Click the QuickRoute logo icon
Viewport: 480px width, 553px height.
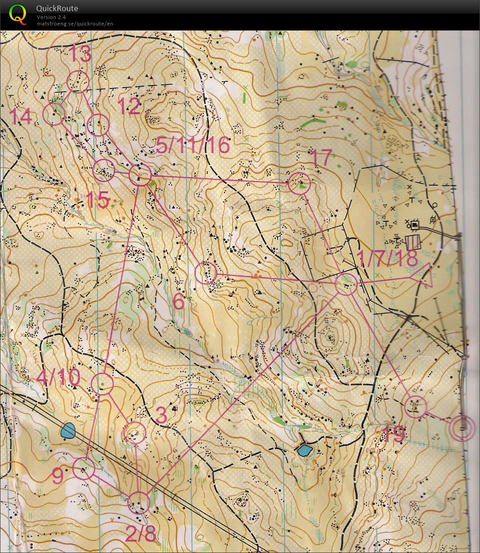18,13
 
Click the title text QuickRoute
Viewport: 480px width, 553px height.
57,8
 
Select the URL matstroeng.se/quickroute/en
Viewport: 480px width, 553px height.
75,24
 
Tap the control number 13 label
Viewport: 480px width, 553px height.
80,55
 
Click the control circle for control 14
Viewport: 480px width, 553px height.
54,114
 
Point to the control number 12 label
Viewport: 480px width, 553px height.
129,107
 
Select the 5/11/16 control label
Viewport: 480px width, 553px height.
193,145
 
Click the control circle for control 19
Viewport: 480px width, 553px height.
415,406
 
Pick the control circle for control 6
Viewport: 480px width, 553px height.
206,273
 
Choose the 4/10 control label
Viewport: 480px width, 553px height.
58,377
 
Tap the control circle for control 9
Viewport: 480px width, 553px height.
84,469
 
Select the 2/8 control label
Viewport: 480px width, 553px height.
141,534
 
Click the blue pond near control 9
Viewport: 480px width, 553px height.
68,431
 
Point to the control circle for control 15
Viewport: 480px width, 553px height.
104,170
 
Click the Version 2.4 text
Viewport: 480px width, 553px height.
51,17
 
